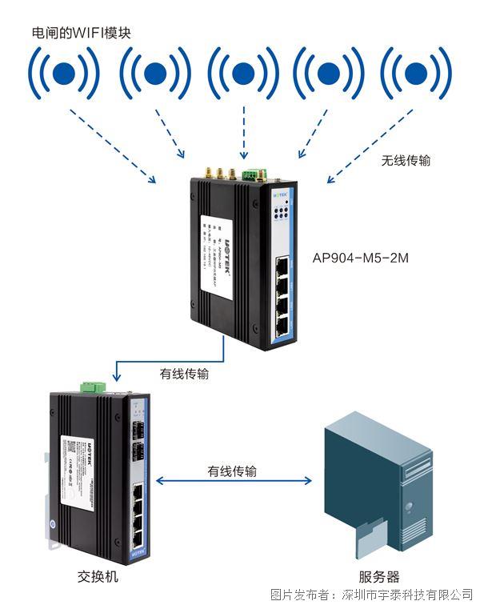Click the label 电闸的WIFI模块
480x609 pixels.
[x=80, y=33]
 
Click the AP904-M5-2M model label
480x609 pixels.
[x=362, y=258]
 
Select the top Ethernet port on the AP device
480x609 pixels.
[x=283, y=265]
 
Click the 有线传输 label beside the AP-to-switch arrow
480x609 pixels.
[x=186, y=373]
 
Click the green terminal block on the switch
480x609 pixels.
[x=94, y=387]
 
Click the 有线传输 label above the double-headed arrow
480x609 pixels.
[x=232, y=471]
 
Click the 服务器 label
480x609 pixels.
[x=378, y=576]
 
